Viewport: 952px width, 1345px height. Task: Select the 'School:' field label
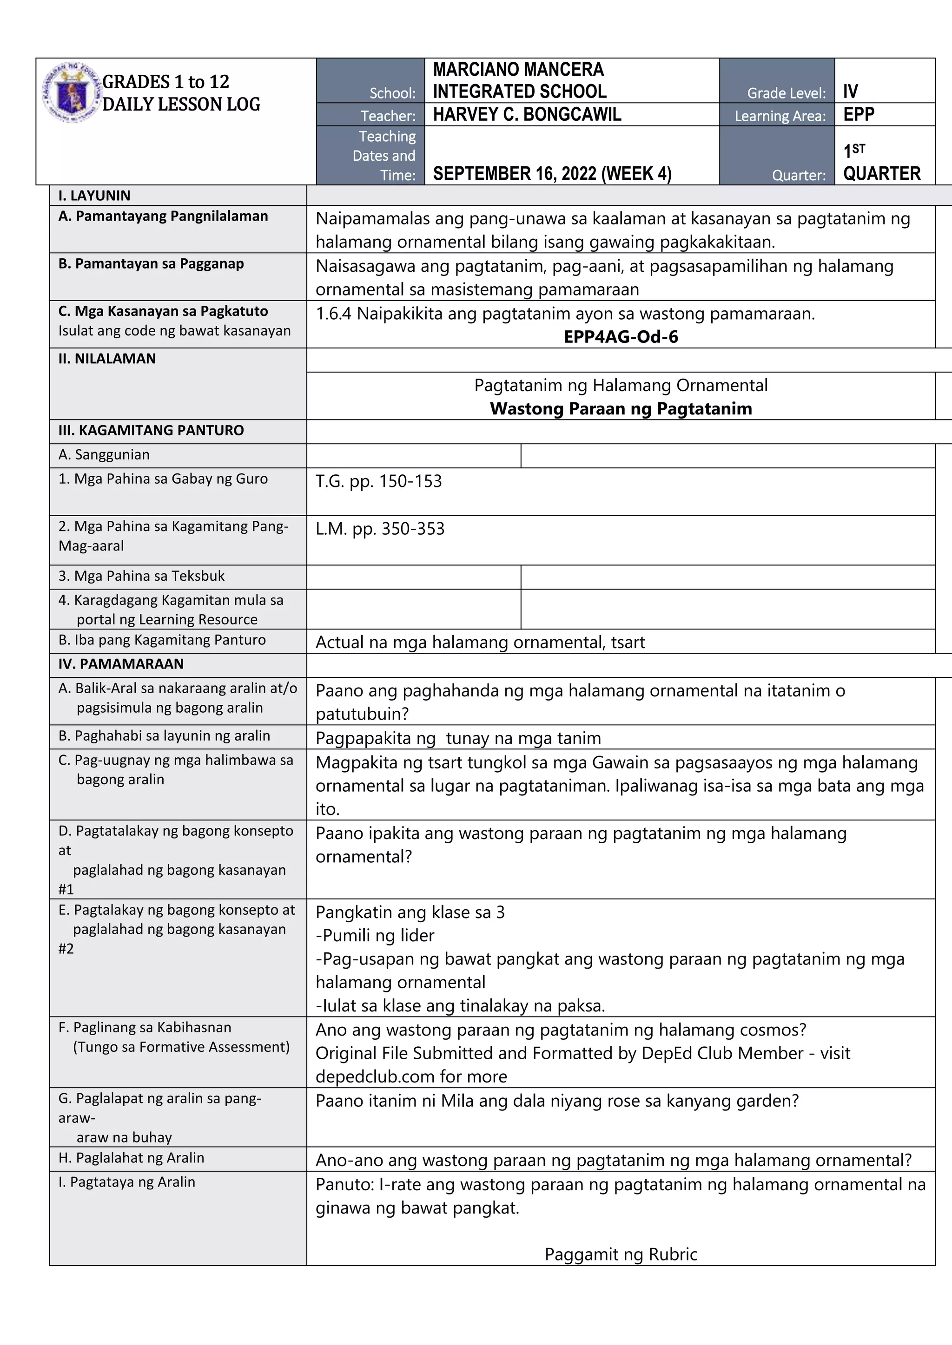pyautogui.click(x=392, y=93)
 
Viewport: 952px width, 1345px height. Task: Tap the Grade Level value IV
pyautogui.click(x=850, y=92)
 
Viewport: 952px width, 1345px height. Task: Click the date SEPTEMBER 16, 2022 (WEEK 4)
pyautogui.click(x=552, y=173)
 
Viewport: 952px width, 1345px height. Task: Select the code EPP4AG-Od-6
pyautogui.click(x=620, y=337)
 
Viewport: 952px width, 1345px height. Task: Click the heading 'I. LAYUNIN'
pyautogui.click(x=94, y=196)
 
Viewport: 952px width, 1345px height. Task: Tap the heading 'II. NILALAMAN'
pyautogui.click(x=107, y=359)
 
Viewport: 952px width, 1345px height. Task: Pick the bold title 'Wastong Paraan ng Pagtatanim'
pyautogui.click(x=620, y=408)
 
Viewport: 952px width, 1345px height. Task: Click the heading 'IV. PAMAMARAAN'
pyautogui.click(x=121, y=664)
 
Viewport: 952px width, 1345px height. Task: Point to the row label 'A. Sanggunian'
pyautogui.click(x=104, y=454)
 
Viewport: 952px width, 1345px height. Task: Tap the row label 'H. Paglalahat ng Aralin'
pyautogui.click(x=131, y=1158)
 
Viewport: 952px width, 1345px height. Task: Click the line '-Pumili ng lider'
pyautogui.click(x=375, y=936)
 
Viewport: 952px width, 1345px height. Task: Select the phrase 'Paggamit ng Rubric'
pyautogui.click(x=620, y=1254)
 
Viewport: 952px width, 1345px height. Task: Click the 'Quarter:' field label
pyautogui.click(x=799, y=175)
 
